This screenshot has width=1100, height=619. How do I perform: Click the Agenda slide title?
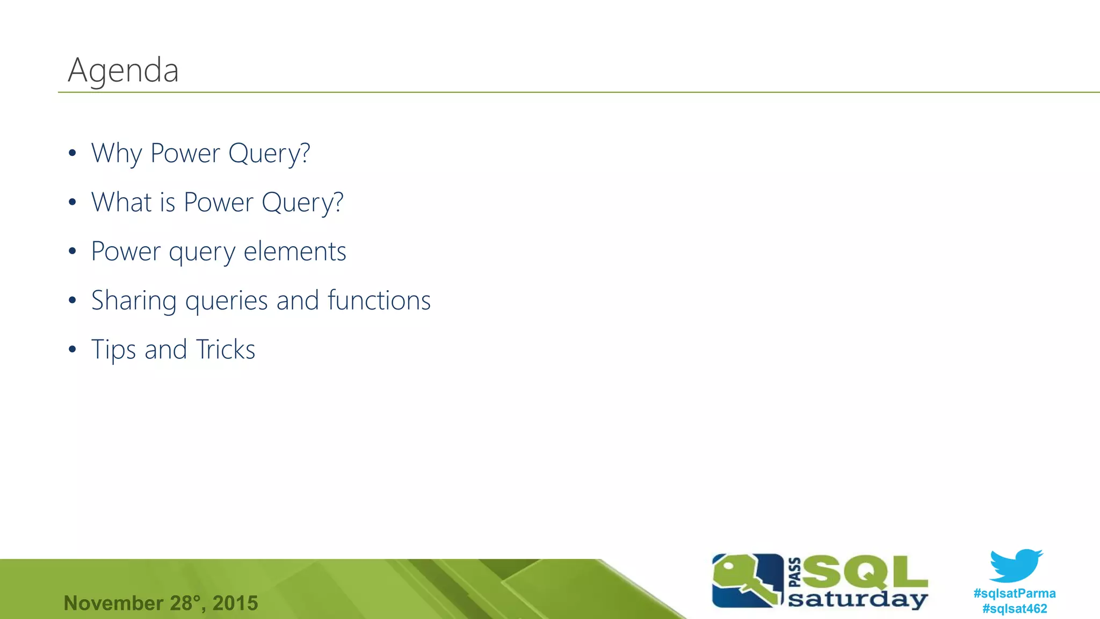click(123, 70)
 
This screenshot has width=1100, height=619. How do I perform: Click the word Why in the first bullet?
click(116, 154)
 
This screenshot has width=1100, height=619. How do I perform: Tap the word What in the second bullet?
click(121, 203)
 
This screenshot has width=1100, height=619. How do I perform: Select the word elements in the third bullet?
click(294, 251)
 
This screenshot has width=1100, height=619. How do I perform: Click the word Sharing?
click(133, 301)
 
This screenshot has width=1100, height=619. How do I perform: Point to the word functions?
click(379, 300)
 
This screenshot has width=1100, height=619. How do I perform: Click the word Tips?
click(113, 350)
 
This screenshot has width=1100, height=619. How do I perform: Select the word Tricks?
click(225, 349)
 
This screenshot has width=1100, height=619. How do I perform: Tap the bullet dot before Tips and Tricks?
click(73, 350)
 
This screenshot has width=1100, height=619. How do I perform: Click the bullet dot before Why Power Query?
click(73, 154)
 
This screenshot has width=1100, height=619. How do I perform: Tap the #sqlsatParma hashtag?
click(1014, 593)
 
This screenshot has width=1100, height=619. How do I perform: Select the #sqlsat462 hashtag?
click(1014, 609)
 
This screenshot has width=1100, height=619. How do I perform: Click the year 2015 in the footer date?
click(235, 603)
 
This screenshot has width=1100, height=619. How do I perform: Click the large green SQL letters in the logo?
click(865, 572)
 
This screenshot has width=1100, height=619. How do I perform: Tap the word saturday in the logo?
click(857, 599)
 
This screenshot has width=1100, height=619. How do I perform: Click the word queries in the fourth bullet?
click(226, 301)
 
